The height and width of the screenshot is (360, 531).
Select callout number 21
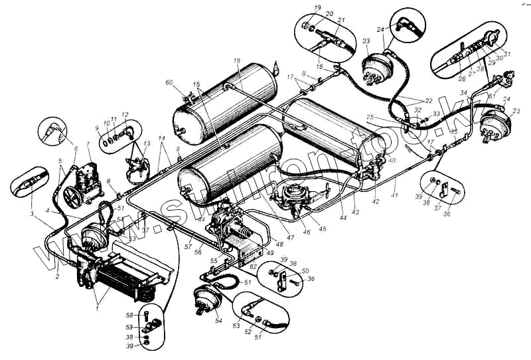click(341, 21)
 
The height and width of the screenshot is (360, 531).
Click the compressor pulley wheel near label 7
click(72, 198)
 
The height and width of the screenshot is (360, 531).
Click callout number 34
click(465, 92)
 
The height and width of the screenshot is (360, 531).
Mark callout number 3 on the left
click(31, 214)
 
